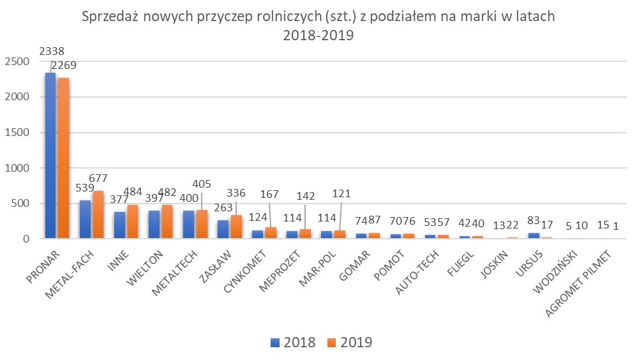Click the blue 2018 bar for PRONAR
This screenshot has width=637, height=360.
click(x=50, y=156)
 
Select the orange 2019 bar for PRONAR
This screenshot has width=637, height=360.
click(x=63, y=158)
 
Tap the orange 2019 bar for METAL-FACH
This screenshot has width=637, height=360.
click(x=98, y=214)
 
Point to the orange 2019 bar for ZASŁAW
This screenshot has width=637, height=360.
click(x=236, y=227)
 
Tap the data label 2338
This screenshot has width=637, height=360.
click(x=52, y=50)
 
